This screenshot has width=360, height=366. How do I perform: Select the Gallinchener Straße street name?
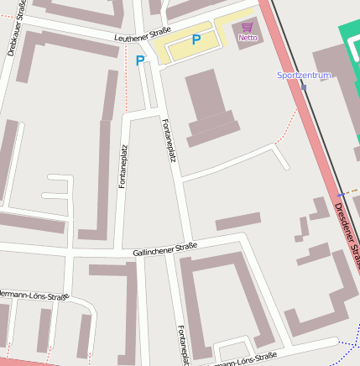pos(164,249)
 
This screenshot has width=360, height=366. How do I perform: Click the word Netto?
pos(248,38)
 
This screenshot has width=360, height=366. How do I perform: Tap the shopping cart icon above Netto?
pos(247,27)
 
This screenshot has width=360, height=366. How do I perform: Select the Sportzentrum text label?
pos(305,75)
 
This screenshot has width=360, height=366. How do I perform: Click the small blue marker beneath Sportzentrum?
pos(303,86)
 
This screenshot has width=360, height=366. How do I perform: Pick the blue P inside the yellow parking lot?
pos(196,39)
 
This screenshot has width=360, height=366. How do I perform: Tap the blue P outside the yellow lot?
pos(140,60)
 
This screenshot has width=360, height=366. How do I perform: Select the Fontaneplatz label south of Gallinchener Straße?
pos(180,345)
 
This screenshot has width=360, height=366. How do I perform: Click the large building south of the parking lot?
pos(208,106)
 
